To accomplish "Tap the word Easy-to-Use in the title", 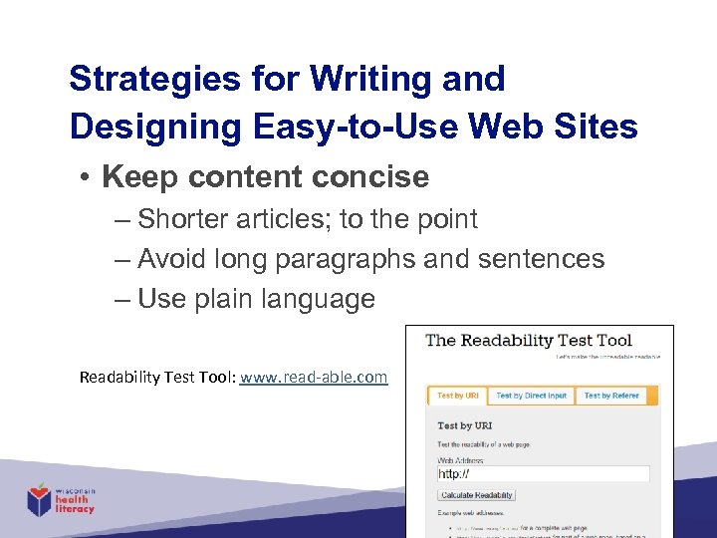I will click(314, 127).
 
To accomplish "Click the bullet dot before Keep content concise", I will click(87, 178).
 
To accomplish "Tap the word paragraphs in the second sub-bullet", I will click(344, 259).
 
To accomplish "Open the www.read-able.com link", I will click(314, 377).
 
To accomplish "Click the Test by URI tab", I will click(457, 396).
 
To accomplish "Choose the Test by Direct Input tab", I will click(531, 396).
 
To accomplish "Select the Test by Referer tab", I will click(611, 396).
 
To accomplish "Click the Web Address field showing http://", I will click(544, 474).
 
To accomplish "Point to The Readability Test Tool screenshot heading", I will click(529, 340).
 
